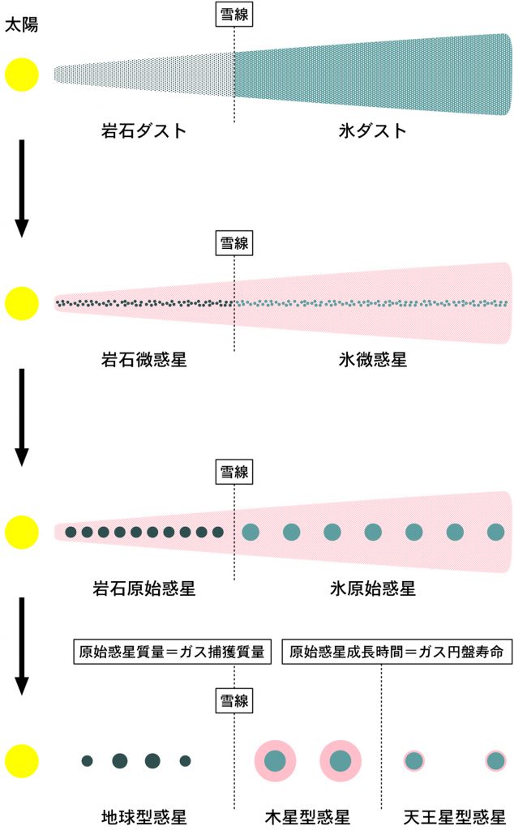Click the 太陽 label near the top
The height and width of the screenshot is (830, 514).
pyautogui.click(x=22, y=25)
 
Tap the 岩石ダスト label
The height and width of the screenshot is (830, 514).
pyautogui.click(x=144, y=130)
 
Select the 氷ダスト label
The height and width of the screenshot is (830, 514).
pyautogui.click(x=373, y=130)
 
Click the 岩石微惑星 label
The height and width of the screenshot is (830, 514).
pyautogui.click(x=144, y=360)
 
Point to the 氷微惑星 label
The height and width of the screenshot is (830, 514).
pyautogui.click(x=373, y=360)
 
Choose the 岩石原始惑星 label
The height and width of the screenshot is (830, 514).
pyautogui.click(x=144, y=588)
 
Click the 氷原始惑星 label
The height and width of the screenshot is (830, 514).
pyautogui.click(x=373, y=588)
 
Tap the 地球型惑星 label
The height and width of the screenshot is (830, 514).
pyautogui.click(x=144, y=817)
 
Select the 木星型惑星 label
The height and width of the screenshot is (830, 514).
pyautogui.click(x=307, y=817)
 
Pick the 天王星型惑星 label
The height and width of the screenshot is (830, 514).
pyautogui.click(x=454, y=817)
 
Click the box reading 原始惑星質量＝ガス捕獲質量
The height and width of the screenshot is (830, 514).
pyautogui.click(x=172, y=652)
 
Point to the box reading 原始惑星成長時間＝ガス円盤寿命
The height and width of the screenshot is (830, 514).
pyautogui.click(x=397, y=652)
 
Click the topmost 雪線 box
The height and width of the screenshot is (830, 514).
pyautogui.click(x=234, y=15)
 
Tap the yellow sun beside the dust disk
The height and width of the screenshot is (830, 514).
pyautogui.click(x=22, y=75)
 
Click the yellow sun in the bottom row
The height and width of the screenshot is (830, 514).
pyautogui.click(x=22, y=760)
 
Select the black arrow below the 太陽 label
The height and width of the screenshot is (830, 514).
pyautogui.click(x=22, y=188)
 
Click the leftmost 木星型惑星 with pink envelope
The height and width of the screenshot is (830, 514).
pyautogui.click(x=275, y=761)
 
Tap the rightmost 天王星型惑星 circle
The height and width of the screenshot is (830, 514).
pyautogui.click(x=495, y=761)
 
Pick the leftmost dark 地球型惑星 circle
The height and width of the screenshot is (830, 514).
pyautogui.click(x=88, y=761)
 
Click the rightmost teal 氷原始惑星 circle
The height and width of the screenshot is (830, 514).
pyautogui.click(x=495, y=532)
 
